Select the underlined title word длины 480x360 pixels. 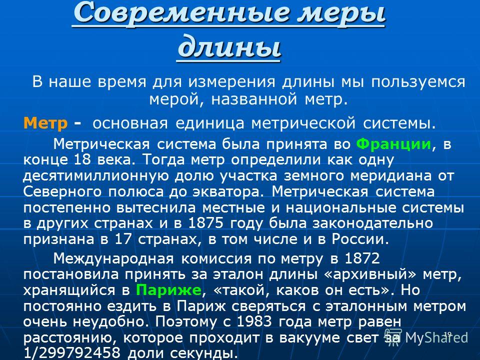click(229, 46)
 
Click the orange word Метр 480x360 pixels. click(45, 123)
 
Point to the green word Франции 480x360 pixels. click(393, 143)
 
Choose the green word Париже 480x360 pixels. click(168, 289)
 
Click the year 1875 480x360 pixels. click(205, 223)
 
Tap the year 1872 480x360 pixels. click(362, 258)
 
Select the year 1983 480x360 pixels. click(254, 321)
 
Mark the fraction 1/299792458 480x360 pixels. click(72, 352)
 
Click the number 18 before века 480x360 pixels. click(82, 159)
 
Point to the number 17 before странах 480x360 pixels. click(123, 239)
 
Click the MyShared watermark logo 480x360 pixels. click(426, 337)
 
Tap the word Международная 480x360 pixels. click(113, 259)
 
